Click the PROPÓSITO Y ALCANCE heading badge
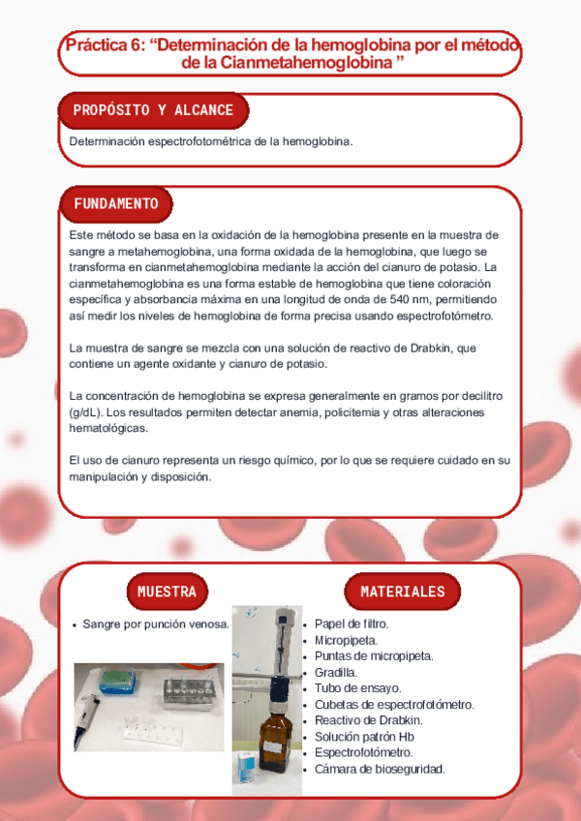click(x=153, y=110)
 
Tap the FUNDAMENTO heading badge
click(x=115, y=204)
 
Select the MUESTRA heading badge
click(x=167, y=592)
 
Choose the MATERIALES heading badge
click(x=403, y=592)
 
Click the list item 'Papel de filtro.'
click(x=352, y=623)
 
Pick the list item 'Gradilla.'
click(x=335, y=672)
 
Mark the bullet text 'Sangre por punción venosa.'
click(x=156, y=624)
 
